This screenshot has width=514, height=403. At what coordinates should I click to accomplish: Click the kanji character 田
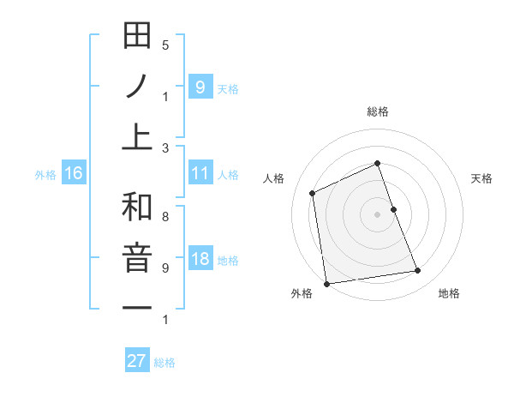coord(137,37)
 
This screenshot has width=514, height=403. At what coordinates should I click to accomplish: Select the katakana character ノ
coord(137,86)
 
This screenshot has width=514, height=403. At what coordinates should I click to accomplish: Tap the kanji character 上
coord(137,135)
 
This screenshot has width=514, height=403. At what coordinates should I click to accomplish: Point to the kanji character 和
coord(137,208)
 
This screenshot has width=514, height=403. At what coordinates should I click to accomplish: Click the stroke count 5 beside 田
coord(164,45)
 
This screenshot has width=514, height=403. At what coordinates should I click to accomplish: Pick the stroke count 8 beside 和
coord(164,217)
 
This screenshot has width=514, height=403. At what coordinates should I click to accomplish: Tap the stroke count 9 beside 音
coord(164,268)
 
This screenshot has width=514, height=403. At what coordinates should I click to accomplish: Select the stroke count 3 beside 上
coord(164,147)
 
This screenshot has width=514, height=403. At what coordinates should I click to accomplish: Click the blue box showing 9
coord(200,87)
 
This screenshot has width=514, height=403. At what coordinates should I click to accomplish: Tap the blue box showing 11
coord(200,173)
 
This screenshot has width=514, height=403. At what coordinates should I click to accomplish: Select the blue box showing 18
coord(200,259)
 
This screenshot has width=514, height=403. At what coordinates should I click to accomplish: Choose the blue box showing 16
coord(73,173)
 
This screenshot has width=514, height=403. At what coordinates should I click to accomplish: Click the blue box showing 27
coord(136,361)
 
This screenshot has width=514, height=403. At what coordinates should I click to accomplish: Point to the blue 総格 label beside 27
coord(164,363)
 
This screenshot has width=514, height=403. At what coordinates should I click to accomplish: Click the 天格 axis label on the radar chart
coord(481,178)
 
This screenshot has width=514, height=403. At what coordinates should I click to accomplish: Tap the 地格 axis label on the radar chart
coord(449,293)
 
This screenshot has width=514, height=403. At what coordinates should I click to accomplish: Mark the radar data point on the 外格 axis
coord(326,284)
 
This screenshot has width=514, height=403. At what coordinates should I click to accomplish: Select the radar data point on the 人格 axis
coord(313,193)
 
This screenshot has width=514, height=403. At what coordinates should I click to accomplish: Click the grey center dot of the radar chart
coord(377,214)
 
